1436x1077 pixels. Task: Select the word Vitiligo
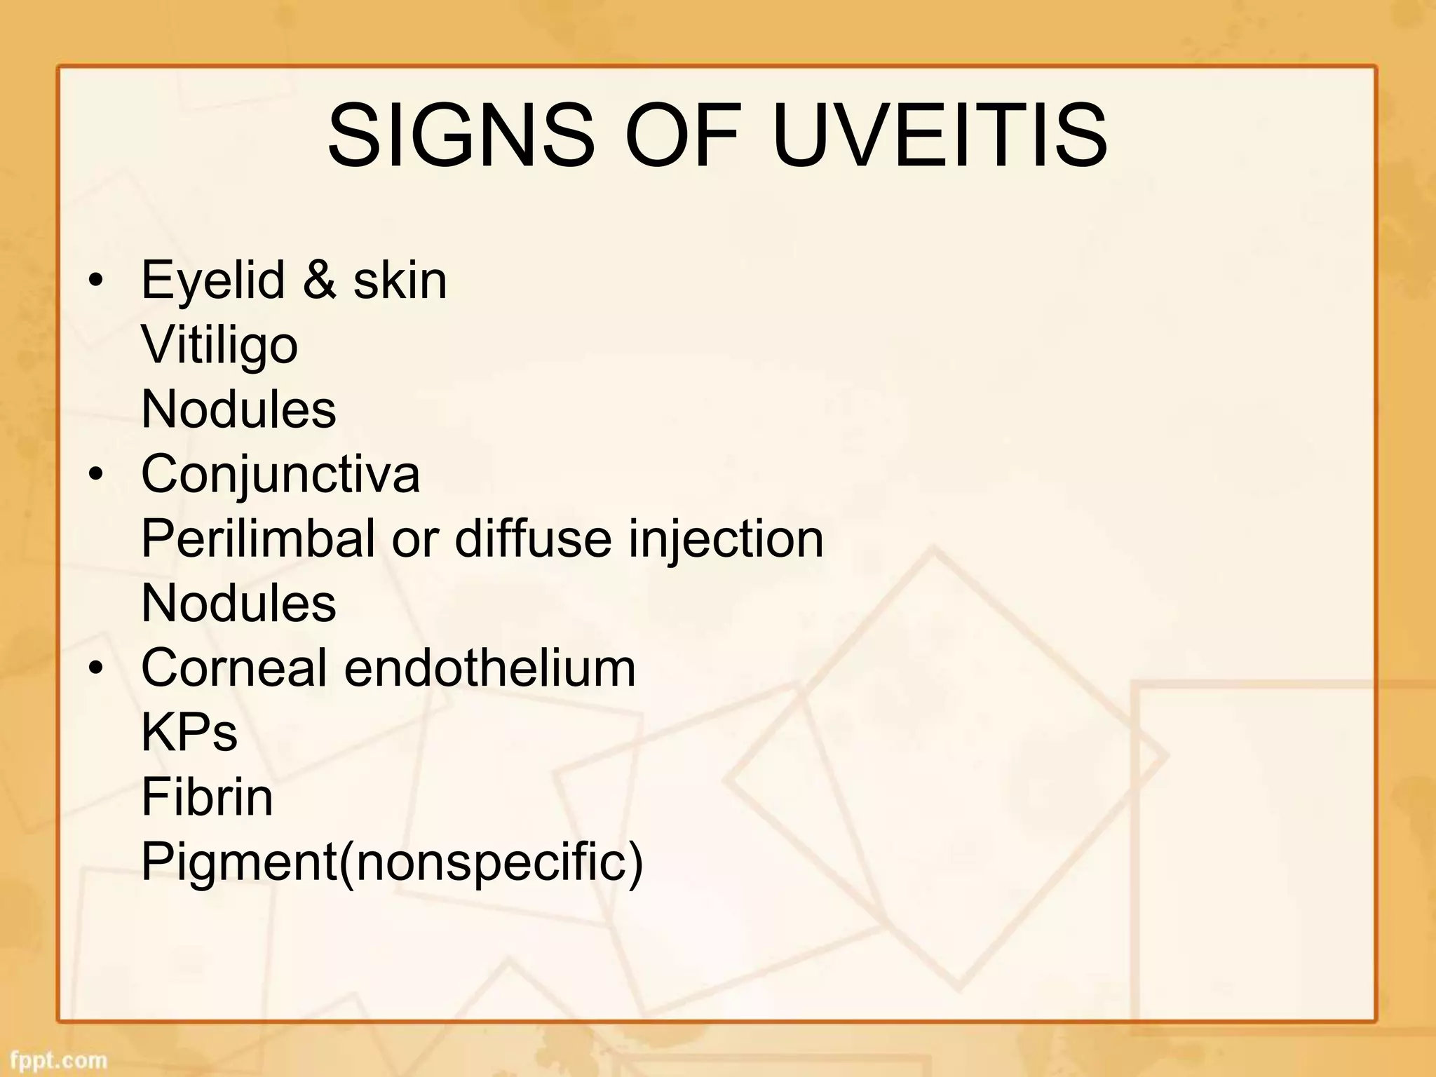(219, 346)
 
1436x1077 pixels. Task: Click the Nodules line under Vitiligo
(238, 409)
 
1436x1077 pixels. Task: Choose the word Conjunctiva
(280, 475)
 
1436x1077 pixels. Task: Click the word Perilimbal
(258, 538)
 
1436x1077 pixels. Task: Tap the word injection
(725, 538)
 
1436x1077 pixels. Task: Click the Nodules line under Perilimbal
(238, 603)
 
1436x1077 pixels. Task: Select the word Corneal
(234, 668)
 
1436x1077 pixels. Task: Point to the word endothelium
(489, 668)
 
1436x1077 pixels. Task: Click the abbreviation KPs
(189, 732)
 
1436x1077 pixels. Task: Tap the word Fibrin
(207, 797)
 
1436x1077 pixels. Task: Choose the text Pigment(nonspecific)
(392, 862)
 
